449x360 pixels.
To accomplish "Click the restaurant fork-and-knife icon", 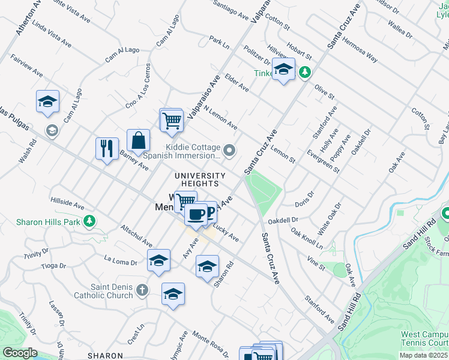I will (x=107, y=148).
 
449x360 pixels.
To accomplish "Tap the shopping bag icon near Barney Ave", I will (x=138, y=140).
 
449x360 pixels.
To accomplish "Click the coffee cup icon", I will (x=196, y=213).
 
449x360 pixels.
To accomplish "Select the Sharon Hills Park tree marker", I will (x=89, y=221).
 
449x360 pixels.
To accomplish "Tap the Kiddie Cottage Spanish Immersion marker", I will (x=229, y=150).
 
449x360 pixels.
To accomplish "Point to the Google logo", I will (x=20, y=353).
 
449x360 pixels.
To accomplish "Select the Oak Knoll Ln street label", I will (x=306, y=238).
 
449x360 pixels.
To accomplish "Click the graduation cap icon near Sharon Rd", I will (x=207, y=266).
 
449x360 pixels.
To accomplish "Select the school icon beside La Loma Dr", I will (x=158, y=260).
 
